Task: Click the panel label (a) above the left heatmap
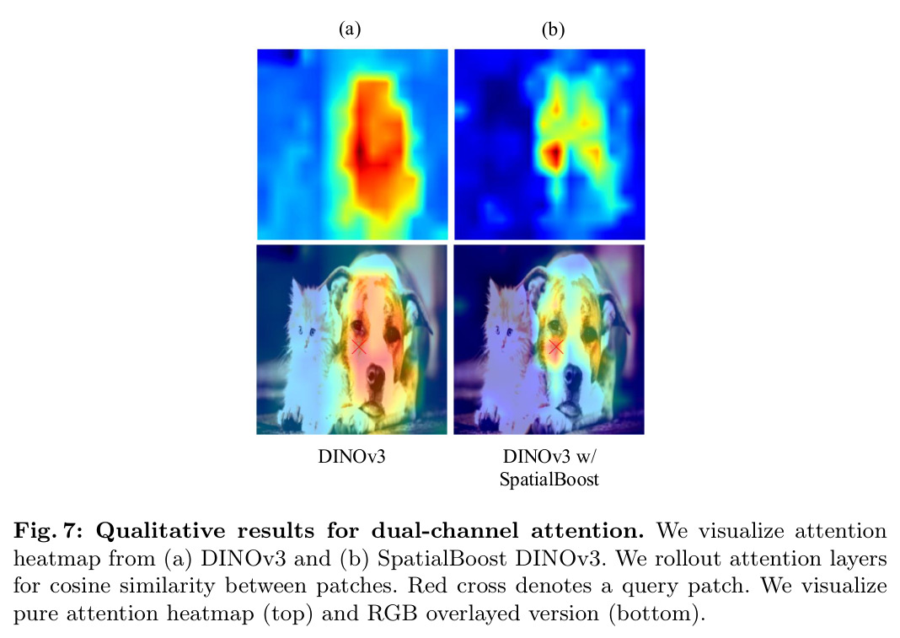[350, 29]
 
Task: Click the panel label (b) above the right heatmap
[553, 29]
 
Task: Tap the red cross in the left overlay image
[359, 346]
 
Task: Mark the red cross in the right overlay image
[555, 347]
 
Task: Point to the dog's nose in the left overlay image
[376, 376]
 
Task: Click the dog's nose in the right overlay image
[573, 376]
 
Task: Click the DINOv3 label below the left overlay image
[351, 457]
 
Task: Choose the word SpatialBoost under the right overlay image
[549, 480]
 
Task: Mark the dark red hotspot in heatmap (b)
[554, 154]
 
